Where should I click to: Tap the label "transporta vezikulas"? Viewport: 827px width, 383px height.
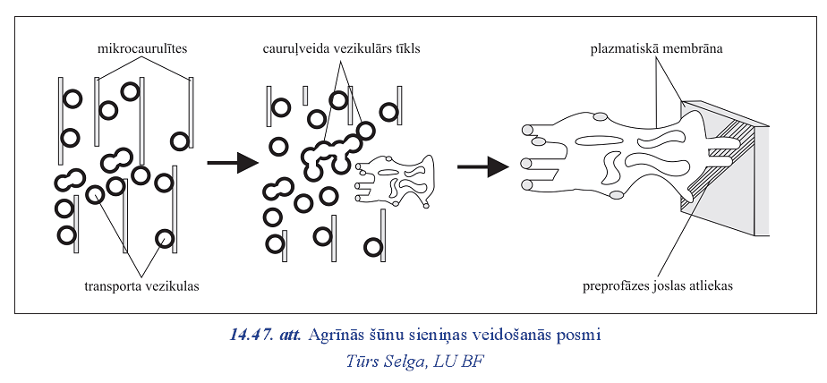(141, 287)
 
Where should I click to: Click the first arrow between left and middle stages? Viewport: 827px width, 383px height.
(232, 164)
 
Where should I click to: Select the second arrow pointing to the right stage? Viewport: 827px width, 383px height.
(482, 166)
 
